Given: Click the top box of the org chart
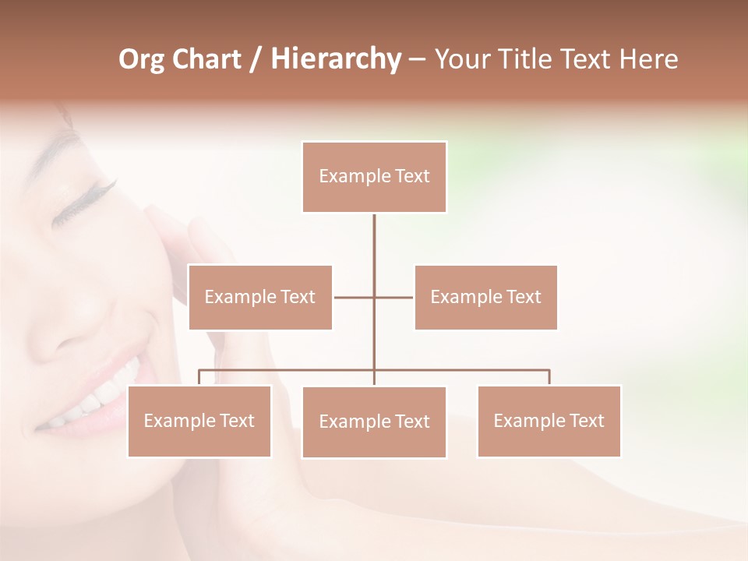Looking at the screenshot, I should [374, 177].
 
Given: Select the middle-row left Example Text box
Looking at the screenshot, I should [260, 297].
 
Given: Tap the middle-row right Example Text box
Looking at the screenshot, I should [485, 297].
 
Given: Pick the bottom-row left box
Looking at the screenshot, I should [199, 421].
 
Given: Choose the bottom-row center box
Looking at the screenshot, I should [374, 422].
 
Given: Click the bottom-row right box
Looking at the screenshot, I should [549, 421].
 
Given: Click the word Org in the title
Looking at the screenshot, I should [141, 59].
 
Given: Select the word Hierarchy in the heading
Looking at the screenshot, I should [335, 59].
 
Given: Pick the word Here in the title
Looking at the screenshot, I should [648, 59].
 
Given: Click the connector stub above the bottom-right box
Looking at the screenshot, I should [549, 377].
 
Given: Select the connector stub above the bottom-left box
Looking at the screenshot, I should [199, 377].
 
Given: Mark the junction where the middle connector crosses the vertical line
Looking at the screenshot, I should [374, 297].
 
